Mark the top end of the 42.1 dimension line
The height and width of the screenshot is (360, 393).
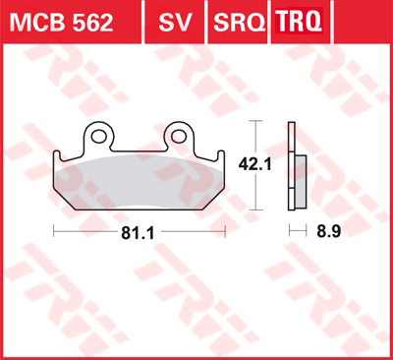pos(258,121)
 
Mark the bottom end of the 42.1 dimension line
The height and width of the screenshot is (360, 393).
pos(258,209)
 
